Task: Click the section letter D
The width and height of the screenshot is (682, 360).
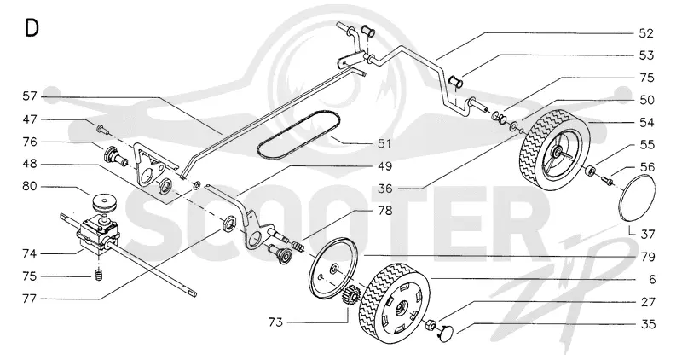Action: (32, 28)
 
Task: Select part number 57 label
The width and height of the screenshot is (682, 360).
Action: (29, 96)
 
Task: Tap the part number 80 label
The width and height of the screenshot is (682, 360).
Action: (29, 187)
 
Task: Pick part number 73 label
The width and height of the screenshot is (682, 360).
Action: (275, 322)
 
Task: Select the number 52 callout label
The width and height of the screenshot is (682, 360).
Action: (646, 33)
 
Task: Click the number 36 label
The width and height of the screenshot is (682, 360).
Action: (384, 189)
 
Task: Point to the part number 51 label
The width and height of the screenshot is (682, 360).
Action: (384, 143)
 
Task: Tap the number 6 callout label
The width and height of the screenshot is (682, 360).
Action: (651, 279)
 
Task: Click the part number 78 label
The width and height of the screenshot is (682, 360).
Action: (384, 211)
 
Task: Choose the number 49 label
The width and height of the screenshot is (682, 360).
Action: (384, 166)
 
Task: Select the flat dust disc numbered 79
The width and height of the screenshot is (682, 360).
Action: (332, 267)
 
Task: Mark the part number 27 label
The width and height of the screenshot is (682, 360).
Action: (647, 302)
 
